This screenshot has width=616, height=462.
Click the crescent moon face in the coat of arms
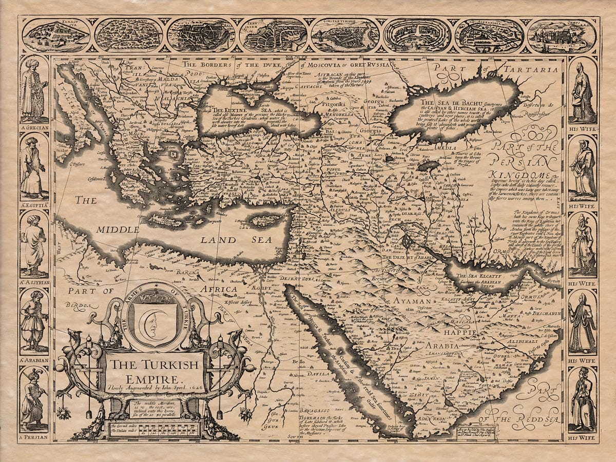click(x=153, y=320)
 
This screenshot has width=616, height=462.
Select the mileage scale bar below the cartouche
click(x=153, y=429)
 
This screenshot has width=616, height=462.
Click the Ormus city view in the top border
click(x=562, y=36)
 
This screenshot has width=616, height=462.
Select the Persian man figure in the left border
click(x=34, y=398)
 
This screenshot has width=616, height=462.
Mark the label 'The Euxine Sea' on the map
click(x=230, y=110)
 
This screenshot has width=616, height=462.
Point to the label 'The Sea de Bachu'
click(x=436, y=103)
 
